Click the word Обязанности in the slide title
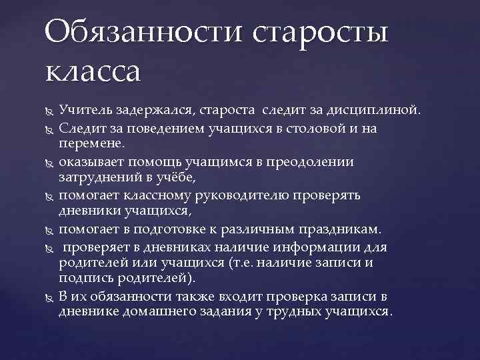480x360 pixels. click(138, 34)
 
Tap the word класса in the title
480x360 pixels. click(93, 70)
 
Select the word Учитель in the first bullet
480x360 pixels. click(83, 109)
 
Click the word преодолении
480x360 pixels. click(315, 161)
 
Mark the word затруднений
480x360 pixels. click(101, 178)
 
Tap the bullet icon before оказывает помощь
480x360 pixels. click(49, 162)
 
